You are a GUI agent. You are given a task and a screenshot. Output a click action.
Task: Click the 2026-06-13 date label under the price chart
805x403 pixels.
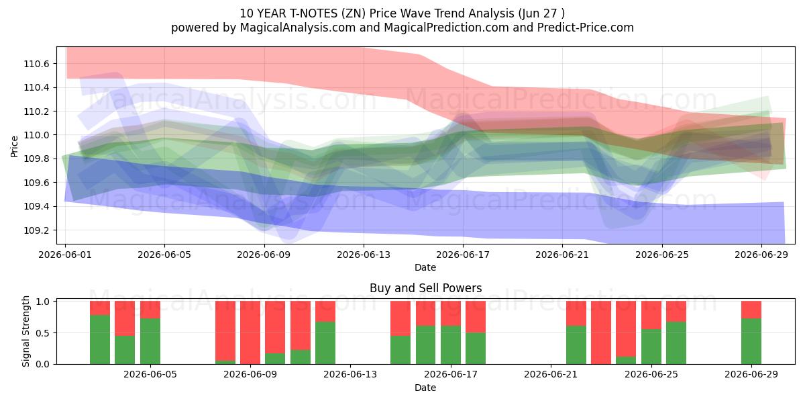pyautogui.click(x=364, y=255)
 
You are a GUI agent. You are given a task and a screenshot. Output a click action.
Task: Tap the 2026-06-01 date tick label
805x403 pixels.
pyautogui.click(x=65, y=255)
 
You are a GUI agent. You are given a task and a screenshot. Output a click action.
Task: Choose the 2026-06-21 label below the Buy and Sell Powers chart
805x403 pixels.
pyautogui.click(x=551, y=375)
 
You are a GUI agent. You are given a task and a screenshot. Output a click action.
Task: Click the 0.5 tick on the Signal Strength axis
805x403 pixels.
pyautogui.click(x=43, y=333)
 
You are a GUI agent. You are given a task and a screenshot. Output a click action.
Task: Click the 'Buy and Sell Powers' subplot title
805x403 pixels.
pyautogui.click(x=425, y=288)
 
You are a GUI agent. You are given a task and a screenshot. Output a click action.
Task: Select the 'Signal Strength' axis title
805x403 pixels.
pyautogui.click(x=25, y=331)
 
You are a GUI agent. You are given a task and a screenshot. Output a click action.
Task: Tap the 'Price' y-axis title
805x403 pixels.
pyautogui.click(x=14, y=146)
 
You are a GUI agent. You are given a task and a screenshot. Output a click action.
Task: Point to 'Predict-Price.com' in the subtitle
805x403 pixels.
pyautogui.click(x=586, y=28)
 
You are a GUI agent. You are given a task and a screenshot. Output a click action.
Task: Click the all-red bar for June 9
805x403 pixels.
pyautogui.click(x=250, y=332)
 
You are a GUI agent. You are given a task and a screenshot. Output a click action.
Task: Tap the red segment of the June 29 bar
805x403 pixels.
pyautogui.click(x=751, y=310)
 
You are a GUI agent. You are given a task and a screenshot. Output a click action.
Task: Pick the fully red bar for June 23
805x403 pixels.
pyautogui.click(x=601, y=332)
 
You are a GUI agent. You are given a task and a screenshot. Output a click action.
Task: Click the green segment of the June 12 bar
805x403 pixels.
pyautogui.click(x=325, y=343)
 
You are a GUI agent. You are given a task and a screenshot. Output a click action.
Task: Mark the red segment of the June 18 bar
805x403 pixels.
pyautogui.click(x=476, y=316)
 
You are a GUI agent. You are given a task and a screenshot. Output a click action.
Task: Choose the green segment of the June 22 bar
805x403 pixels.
pyautogui.click(x=576, y=345)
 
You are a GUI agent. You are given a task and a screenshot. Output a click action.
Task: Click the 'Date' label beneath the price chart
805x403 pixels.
pyautogui.click(x=425, y=267)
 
